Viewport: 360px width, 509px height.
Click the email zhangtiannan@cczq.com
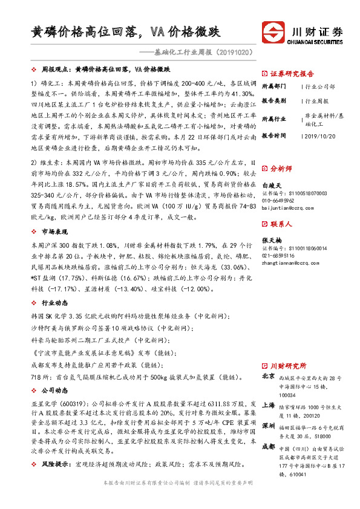coord(290,263)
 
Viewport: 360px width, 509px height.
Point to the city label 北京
coord(267,377)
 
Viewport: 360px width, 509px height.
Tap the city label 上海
coord(267,406)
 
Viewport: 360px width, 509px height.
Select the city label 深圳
coord(267,426)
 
